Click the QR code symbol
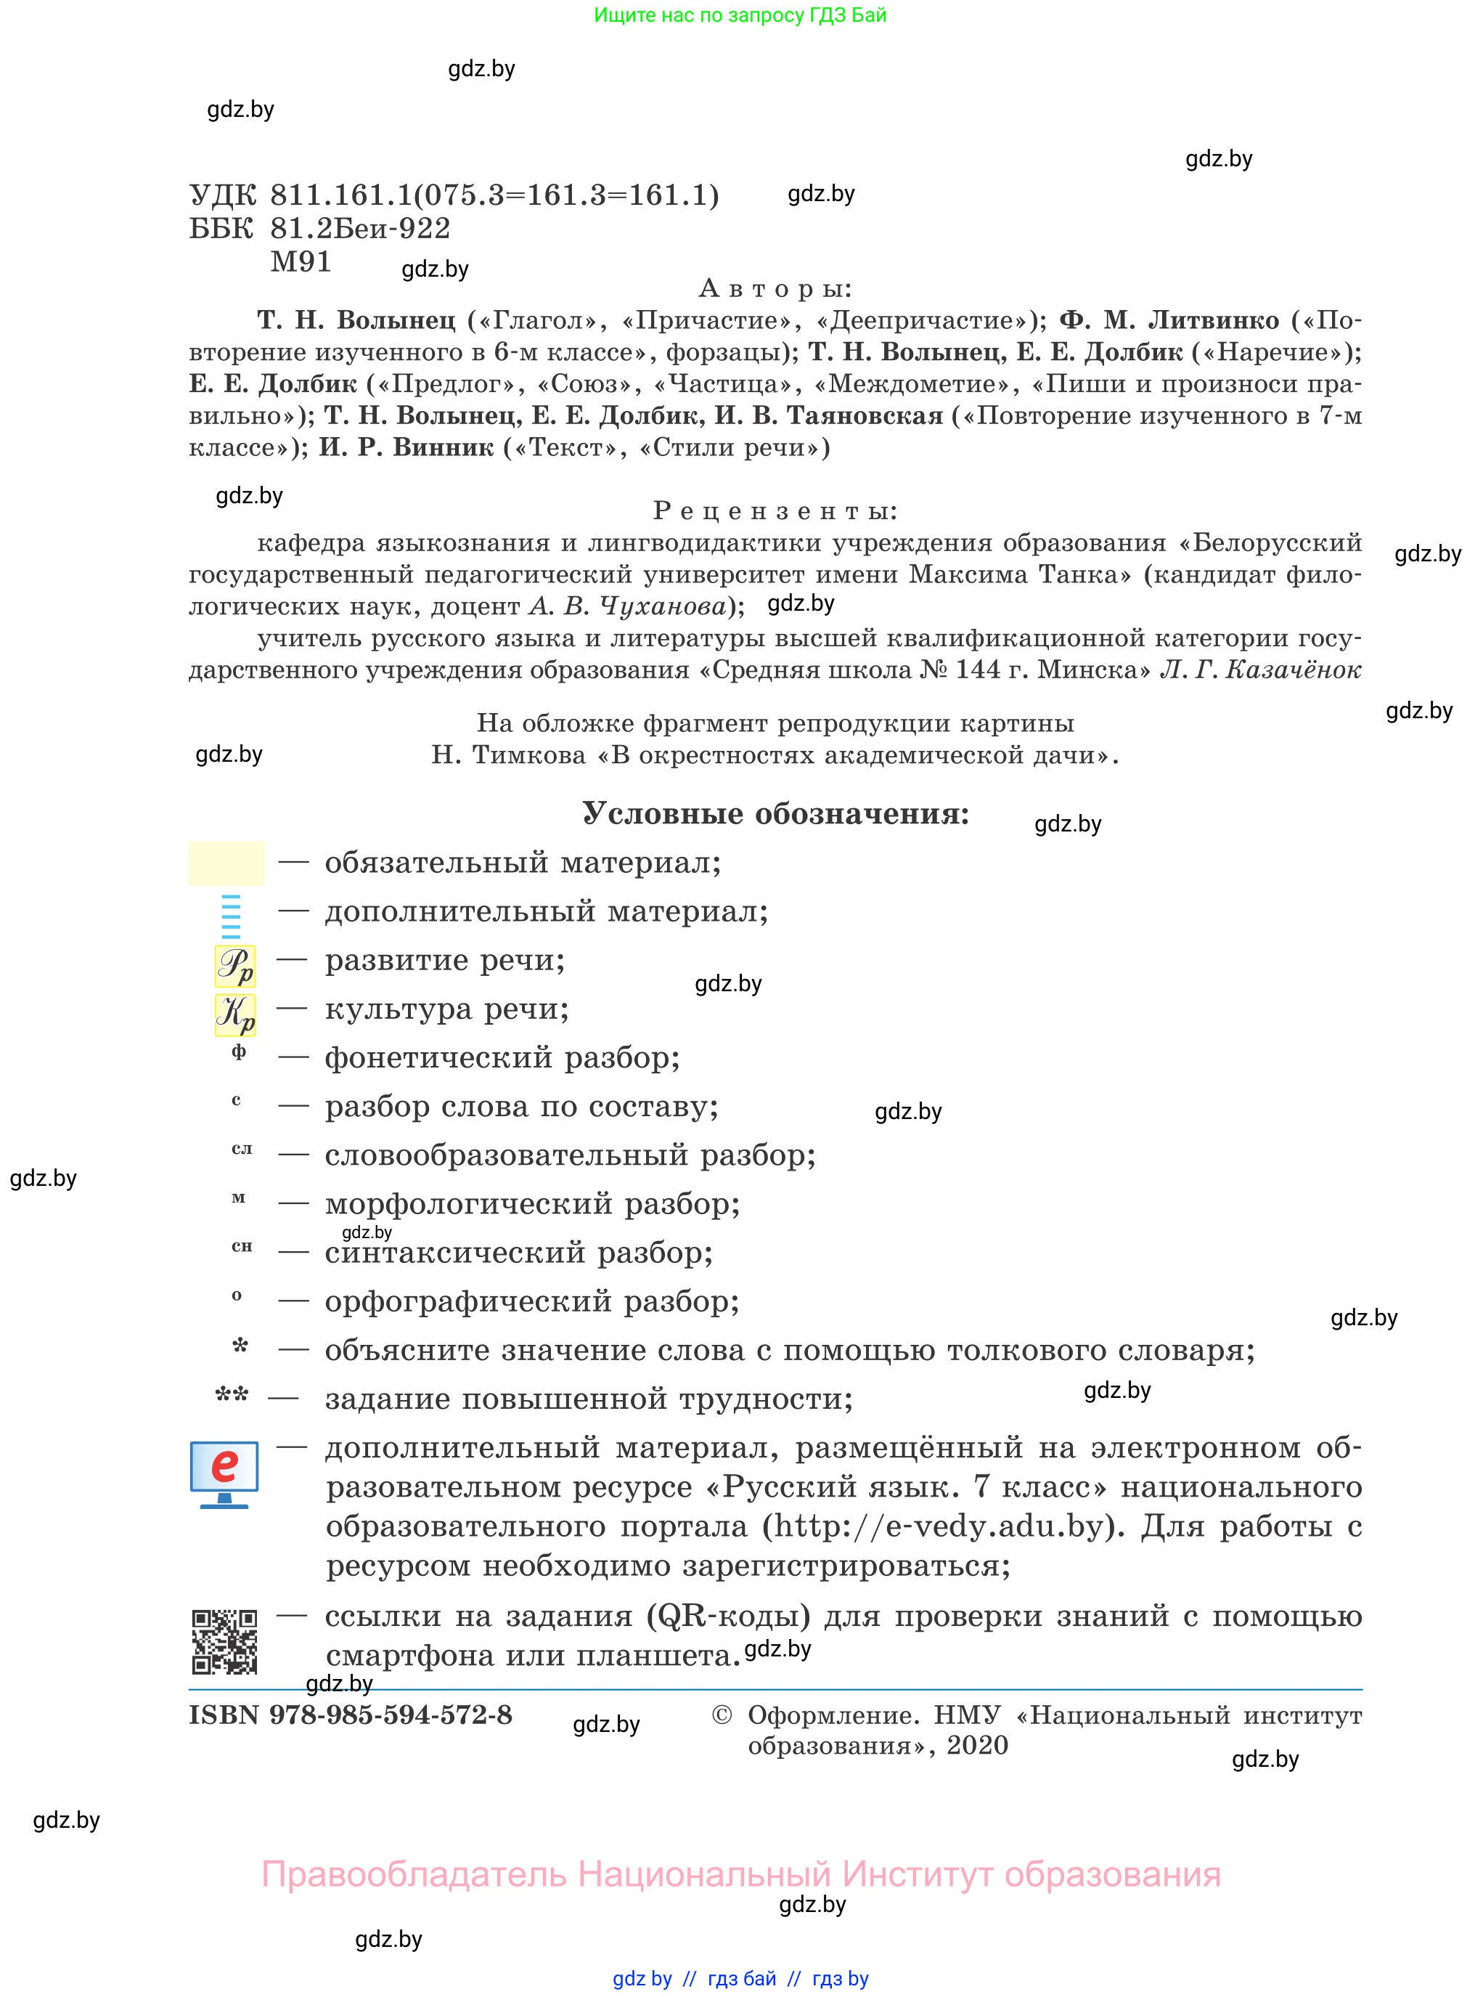[x=224, y=1643]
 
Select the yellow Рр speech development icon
[x=235, y=966]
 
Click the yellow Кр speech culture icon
[x=235, y=1014]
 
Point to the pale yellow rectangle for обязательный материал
[x=226, y=863]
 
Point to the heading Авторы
[x=775, y=288]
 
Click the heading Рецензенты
[x=775, y=511]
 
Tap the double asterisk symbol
[x=232, y=1394]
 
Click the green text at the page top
[x=740, y=15]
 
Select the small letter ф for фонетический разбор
[x=239, y=1052]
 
